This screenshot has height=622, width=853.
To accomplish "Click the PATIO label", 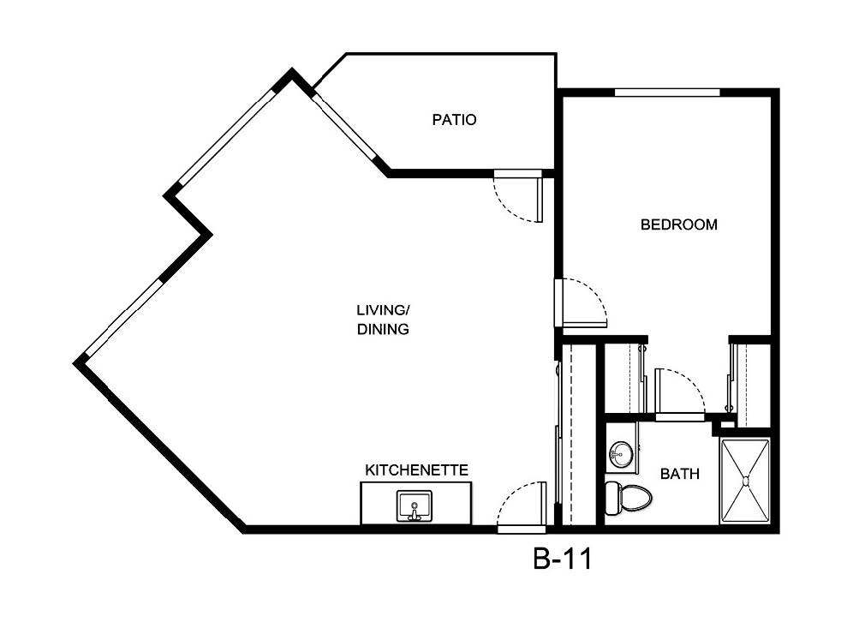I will [453, 120].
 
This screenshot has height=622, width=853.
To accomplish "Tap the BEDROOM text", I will [678, 225].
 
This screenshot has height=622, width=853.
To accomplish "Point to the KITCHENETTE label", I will [416, 470].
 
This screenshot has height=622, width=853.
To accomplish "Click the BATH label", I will [679, 473].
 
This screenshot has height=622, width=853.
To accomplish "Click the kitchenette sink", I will [415, 505].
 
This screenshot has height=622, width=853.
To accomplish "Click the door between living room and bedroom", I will [582, 304].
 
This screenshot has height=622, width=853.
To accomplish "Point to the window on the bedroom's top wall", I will [667, 92].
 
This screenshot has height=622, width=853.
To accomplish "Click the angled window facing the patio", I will [346, 129].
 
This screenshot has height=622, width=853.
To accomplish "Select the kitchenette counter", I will [416, 504].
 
